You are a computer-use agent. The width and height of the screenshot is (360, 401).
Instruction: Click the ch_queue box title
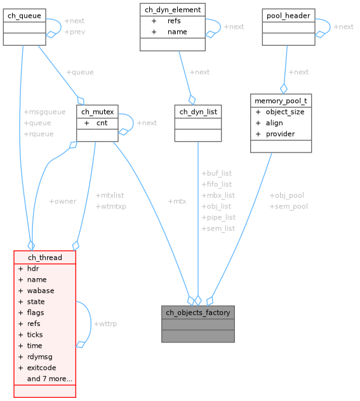(24, 15)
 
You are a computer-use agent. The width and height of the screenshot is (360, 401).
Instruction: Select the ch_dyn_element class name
(172, 10)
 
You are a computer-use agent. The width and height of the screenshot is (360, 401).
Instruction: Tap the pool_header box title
(288, 15)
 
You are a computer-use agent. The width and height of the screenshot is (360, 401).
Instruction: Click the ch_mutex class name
(97, 111)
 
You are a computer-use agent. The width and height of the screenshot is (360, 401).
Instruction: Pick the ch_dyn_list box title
(198, 111)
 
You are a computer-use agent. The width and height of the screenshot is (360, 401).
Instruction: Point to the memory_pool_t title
(281, 100)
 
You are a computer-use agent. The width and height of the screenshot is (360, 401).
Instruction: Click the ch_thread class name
(44, 257)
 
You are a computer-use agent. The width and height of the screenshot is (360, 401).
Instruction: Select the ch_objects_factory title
(198, 312)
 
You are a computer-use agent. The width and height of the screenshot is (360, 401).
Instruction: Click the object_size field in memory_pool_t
(284, 112)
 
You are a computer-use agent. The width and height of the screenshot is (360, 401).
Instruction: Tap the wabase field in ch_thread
(40, 290)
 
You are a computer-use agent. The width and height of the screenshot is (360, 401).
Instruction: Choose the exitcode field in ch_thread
(41, 367)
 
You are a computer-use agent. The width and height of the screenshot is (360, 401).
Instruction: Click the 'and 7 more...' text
(49, 379)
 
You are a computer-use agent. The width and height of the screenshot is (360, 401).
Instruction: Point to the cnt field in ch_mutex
(102, 123)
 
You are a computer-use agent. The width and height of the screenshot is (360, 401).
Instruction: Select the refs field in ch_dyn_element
(173, 21)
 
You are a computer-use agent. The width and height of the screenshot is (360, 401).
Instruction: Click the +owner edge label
(62, 201)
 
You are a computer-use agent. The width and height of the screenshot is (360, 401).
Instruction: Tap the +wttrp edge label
(105, 324)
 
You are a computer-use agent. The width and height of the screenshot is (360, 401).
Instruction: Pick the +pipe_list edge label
(218, 217)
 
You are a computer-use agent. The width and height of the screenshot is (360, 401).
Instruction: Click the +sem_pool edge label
(289, 207)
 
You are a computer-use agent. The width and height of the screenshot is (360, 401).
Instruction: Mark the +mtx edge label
(177, 201)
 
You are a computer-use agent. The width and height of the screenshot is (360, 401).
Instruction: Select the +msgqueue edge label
(44, 112)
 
